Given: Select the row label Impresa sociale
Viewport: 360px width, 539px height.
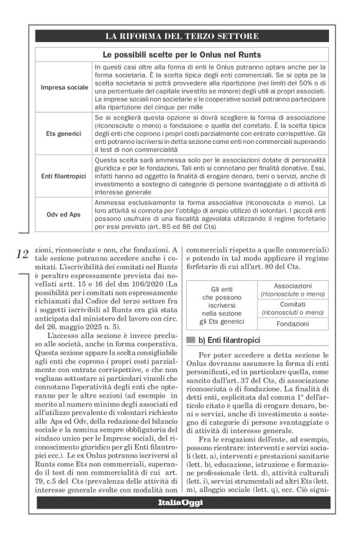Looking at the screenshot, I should point(65,87).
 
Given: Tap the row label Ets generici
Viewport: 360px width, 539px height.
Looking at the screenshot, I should point(65,133).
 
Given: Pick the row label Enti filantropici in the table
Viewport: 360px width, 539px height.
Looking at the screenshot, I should point(65,176).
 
